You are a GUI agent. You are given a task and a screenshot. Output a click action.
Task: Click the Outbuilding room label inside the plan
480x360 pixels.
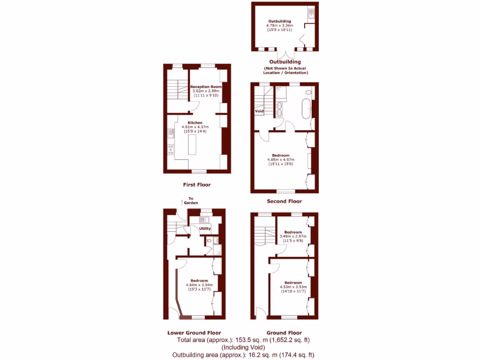279,21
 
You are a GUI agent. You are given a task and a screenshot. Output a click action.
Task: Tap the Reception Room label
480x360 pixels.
206,87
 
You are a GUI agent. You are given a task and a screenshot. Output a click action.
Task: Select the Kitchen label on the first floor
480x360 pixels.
195,123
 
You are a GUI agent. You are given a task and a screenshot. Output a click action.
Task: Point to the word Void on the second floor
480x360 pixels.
259,111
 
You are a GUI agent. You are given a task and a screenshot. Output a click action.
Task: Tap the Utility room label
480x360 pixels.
205,228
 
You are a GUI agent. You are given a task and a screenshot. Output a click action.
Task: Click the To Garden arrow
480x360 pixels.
181,202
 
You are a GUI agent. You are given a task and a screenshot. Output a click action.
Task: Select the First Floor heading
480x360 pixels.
197,185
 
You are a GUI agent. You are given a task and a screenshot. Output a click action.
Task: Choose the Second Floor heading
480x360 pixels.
284,202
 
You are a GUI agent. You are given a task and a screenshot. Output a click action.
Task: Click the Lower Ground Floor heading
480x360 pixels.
194,333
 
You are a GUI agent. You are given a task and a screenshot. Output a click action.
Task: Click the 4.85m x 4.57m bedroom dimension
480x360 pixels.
281,160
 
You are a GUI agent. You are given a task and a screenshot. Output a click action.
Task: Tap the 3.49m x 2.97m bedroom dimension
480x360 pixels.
293,236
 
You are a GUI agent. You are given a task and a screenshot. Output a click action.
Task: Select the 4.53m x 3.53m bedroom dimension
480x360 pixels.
293,287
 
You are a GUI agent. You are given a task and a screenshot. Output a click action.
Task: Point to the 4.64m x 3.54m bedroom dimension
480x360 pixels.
199,285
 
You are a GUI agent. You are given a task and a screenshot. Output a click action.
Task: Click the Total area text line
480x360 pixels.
243,340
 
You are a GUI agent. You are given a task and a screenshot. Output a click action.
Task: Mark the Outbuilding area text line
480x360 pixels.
243,355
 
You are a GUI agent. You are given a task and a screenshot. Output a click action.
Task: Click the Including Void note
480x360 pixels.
243,347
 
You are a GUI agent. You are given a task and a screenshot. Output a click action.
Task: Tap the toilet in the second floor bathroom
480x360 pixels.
308,92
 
